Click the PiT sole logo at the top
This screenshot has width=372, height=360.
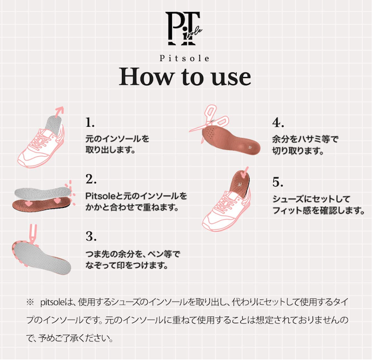point(183,28)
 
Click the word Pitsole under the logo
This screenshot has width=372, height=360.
point(184,58)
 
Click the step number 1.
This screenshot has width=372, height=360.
point(90,122)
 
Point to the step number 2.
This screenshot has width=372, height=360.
point(91,179)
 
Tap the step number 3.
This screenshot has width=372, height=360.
point(91,236)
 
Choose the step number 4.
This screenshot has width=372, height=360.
point(278,123)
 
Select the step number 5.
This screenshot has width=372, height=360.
point(278,182)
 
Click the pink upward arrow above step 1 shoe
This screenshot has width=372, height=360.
point(59,112)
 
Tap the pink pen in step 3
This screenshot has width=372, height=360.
point(33,234)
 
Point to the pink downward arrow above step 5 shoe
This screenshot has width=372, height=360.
point(244,173)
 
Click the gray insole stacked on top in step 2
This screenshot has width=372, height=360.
point(43,192)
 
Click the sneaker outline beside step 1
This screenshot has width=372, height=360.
point(41,145)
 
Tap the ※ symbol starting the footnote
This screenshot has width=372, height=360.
point(30,302)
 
